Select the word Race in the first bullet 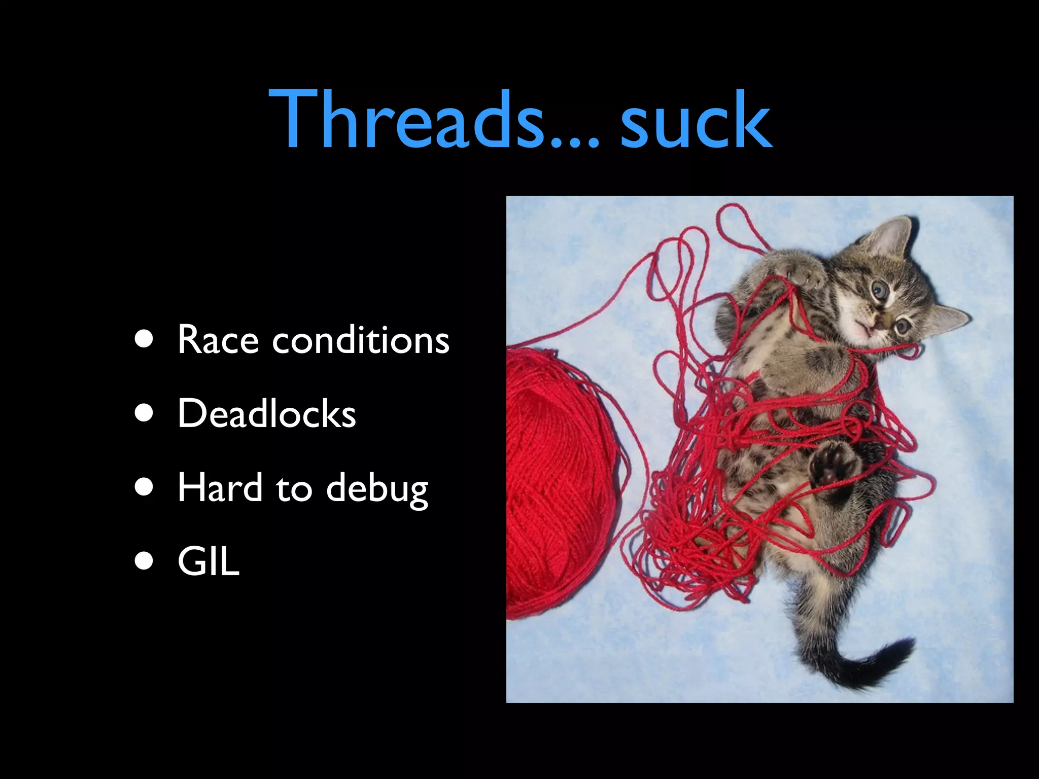pos(218,339)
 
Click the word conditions pos(361,339)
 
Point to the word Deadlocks pos(266,413)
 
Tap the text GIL pos(208,561)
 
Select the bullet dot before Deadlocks pos(145,413)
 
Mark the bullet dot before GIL pos(145,561)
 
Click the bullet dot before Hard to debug pos(145,487)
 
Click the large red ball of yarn pos(558,482)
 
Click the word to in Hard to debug pos(294,488)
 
